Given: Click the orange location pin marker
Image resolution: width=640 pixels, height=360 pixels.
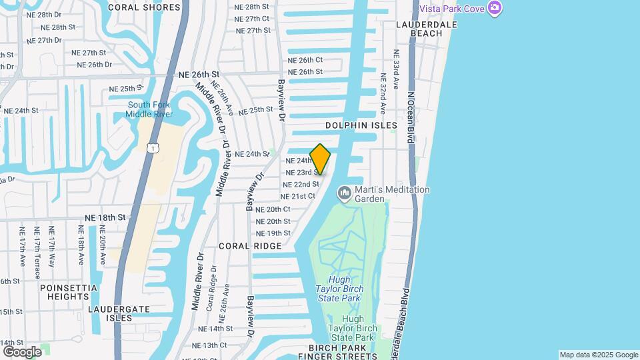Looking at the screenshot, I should pos(320,159).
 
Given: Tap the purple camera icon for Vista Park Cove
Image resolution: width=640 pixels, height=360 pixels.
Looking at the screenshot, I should pos(494,8).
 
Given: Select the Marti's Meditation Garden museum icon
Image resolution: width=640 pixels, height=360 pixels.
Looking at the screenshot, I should pos(345,193).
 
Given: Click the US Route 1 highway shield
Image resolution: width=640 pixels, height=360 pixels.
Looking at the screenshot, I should pos(154,147).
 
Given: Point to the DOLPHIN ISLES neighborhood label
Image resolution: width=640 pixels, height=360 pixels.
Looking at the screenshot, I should pos(361,125).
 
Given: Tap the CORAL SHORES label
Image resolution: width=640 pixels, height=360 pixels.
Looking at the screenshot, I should pos(144,7).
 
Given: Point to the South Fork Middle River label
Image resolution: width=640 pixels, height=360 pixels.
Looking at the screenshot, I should pos(149,109).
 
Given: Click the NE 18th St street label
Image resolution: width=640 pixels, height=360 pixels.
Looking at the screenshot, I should pos(105,217).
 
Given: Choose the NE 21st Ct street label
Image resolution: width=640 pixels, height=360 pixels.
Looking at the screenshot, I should pos(297,197).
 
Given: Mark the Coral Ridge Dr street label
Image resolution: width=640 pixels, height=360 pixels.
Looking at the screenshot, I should pos(211,288).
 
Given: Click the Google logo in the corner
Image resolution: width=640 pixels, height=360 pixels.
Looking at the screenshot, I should pos(22,351).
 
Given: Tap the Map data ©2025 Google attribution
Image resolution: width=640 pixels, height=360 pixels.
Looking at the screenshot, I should pos(599,355).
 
